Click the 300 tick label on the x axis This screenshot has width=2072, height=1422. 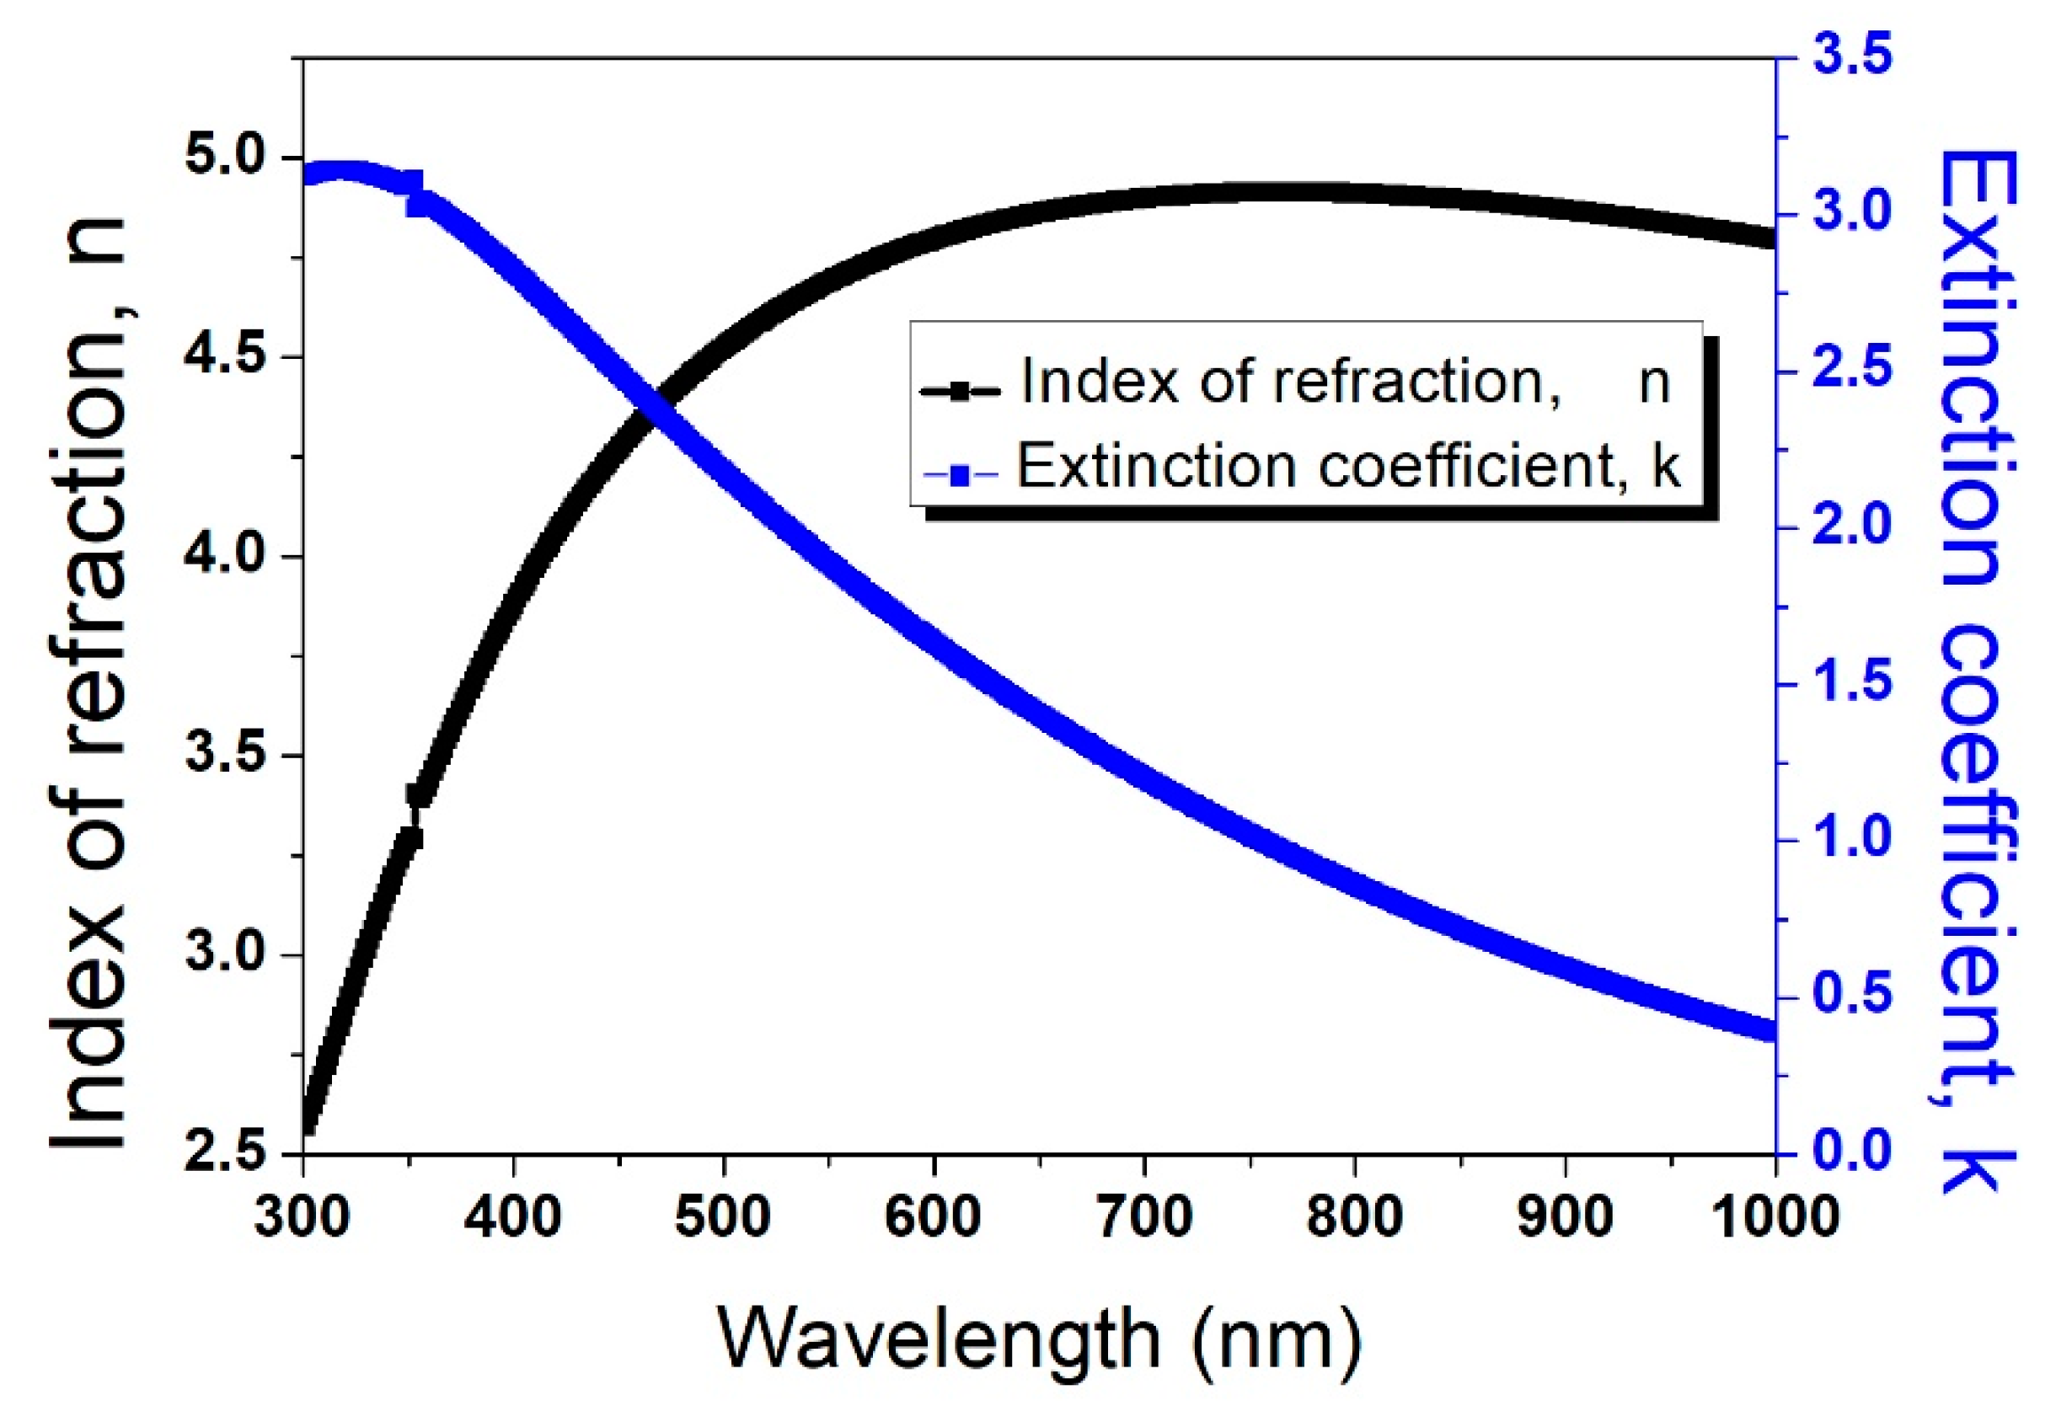coord(303,1216)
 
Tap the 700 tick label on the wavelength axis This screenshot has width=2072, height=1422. coord(1144,1216)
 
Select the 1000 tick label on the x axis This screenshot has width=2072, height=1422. coord(1774,1216)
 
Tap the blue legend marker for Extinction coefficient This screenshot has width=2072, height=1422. coord(961,475)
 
